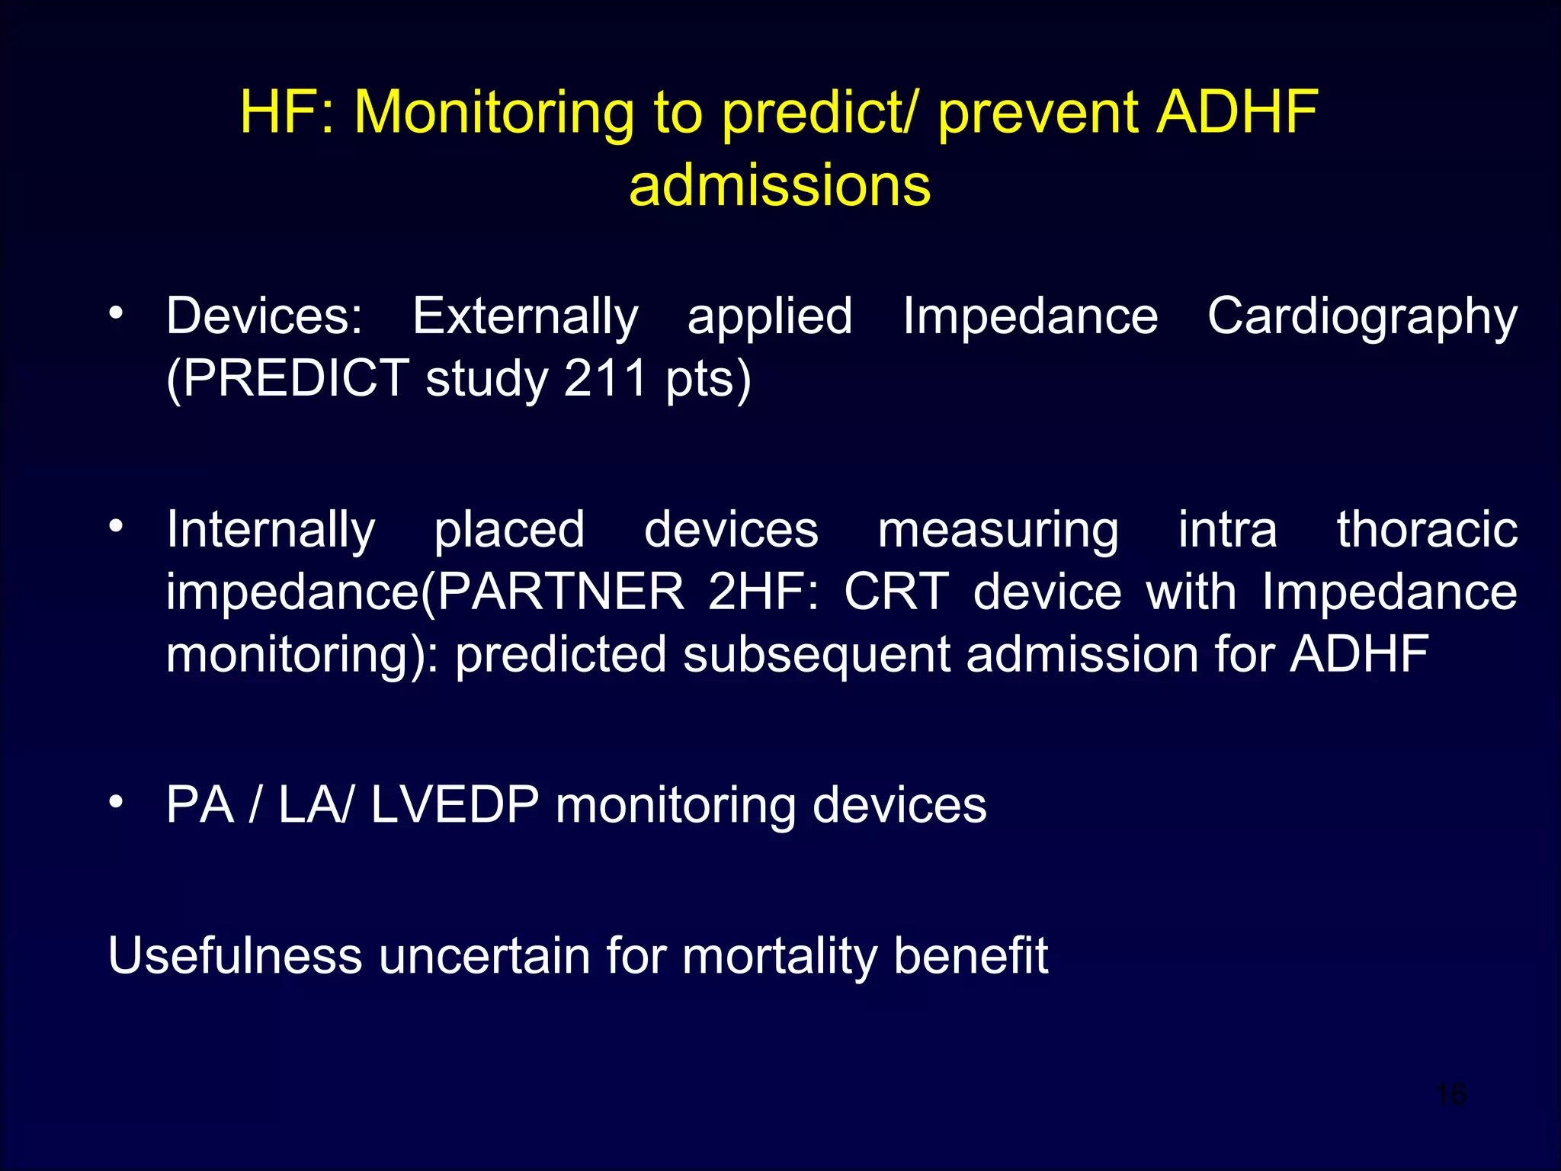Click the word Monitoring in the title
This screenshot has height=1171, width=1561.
click(x=494, y=113)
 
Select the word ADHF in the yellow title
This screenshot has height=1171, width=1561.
click(x=1238, y=113)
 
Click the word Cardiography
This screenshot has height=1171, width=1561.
click(x=1362, y=316)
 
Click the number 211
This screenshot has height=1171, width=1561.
click(x=605, y=379)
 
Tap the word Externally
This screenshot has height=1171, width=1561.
click(x=525, y=316)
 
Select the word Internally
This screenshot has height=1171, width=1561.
click(x=271, y=530)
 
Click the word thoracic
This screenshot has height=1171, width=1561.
click(x=1427, y=530)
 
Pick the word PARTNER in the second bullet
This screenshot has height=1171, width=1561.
click(x=561, y=592)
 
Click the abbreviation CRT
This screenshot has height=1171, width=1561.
click(x=896, y=592)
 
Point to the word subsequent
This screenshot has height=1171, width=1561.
click(x=816, y=655)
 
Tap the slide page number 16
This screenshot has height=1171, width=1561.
click(x=1451, y=1094)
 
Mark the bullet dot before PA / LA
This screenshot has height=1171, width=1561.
click(x=116, y=802)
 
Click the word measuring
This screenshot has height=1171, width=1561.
click(x=998, y=530)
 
